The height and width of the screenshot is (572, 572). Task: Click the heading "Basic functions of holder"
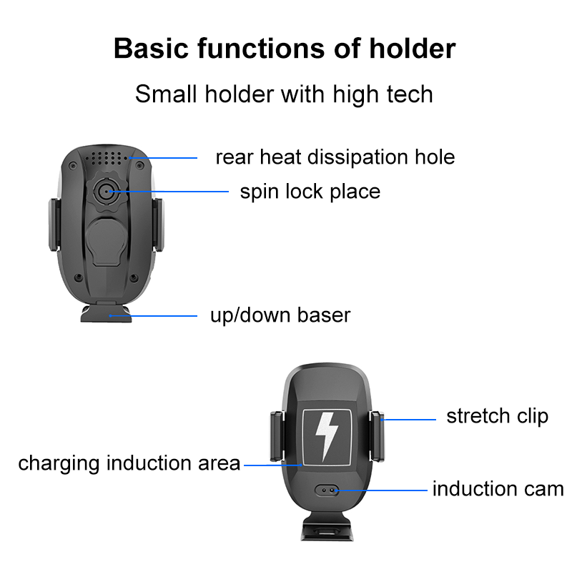coord(285,49)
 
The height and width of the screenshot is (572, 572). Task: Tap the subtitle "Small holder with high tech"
coord(284,94)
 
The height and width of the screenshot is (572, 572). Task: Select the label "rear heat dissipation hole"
coord(335,157)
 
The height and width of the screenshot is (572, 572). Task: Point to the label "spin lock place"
coord(310,192)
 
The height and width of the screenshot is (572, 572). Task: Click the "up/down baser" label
coord(280,315)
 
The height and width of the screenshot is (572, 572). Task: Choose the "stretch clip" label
coord(497,416)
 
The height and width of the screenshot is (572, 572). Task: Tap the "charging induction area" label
coord(129,463)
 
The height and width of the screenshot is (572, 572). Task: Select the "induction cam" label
coord(498,489)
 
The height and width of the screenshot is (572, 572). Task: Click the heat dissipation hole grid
coord(107,157)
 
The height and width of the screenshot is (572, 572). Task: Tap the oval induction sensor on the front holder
coord(328,491)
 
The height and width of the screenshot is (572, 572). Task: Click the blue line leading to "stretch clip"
coord(410,420)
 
